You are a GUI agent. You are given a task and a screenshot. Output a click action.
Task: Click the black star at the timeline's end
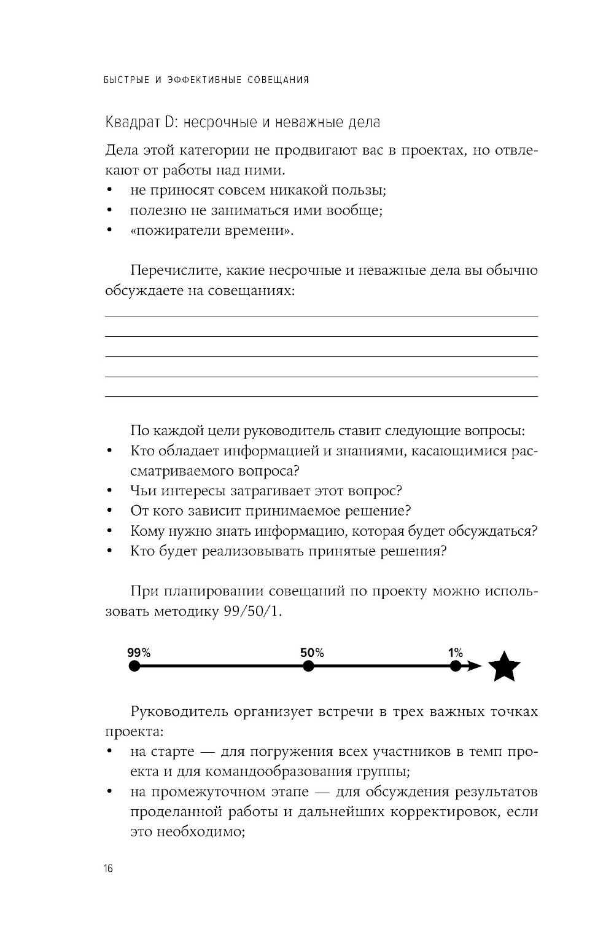point(504,667)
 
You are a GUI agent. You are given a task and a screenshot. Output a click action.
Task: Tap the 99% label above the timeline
point(139,653)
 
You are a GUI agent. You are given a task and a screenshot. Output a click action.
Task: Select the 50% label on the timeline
point(312,653)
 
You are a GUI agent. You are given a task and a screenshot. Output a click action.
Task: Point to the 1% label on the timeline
point(455,653)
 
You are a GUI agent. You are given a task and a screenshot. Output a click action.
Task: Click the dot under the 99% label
point(134,666)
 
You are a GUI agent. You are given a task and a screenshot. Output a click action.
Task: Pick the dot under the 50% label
point(308,666)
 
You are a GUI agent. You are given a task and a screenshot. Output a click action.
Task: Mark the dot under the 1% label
point(455,666)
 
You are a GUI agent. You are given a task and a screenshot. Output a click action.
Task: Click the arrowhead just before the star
point(474,666)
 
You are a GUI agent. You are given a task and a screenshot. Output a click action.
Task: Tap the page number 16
point(109,868)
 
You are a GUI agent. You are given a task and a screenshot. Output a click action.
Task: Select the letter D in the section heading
point(153,122)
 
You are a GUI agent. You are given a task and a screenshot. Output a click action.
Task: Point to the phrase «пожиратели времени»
point(212,231)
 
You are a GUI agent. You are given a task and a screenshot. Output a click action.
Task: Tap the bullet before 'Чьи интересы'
point(109,492)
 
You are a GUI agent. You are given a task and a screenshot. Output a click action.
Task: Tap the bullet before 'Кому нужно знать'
point(109,532)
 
